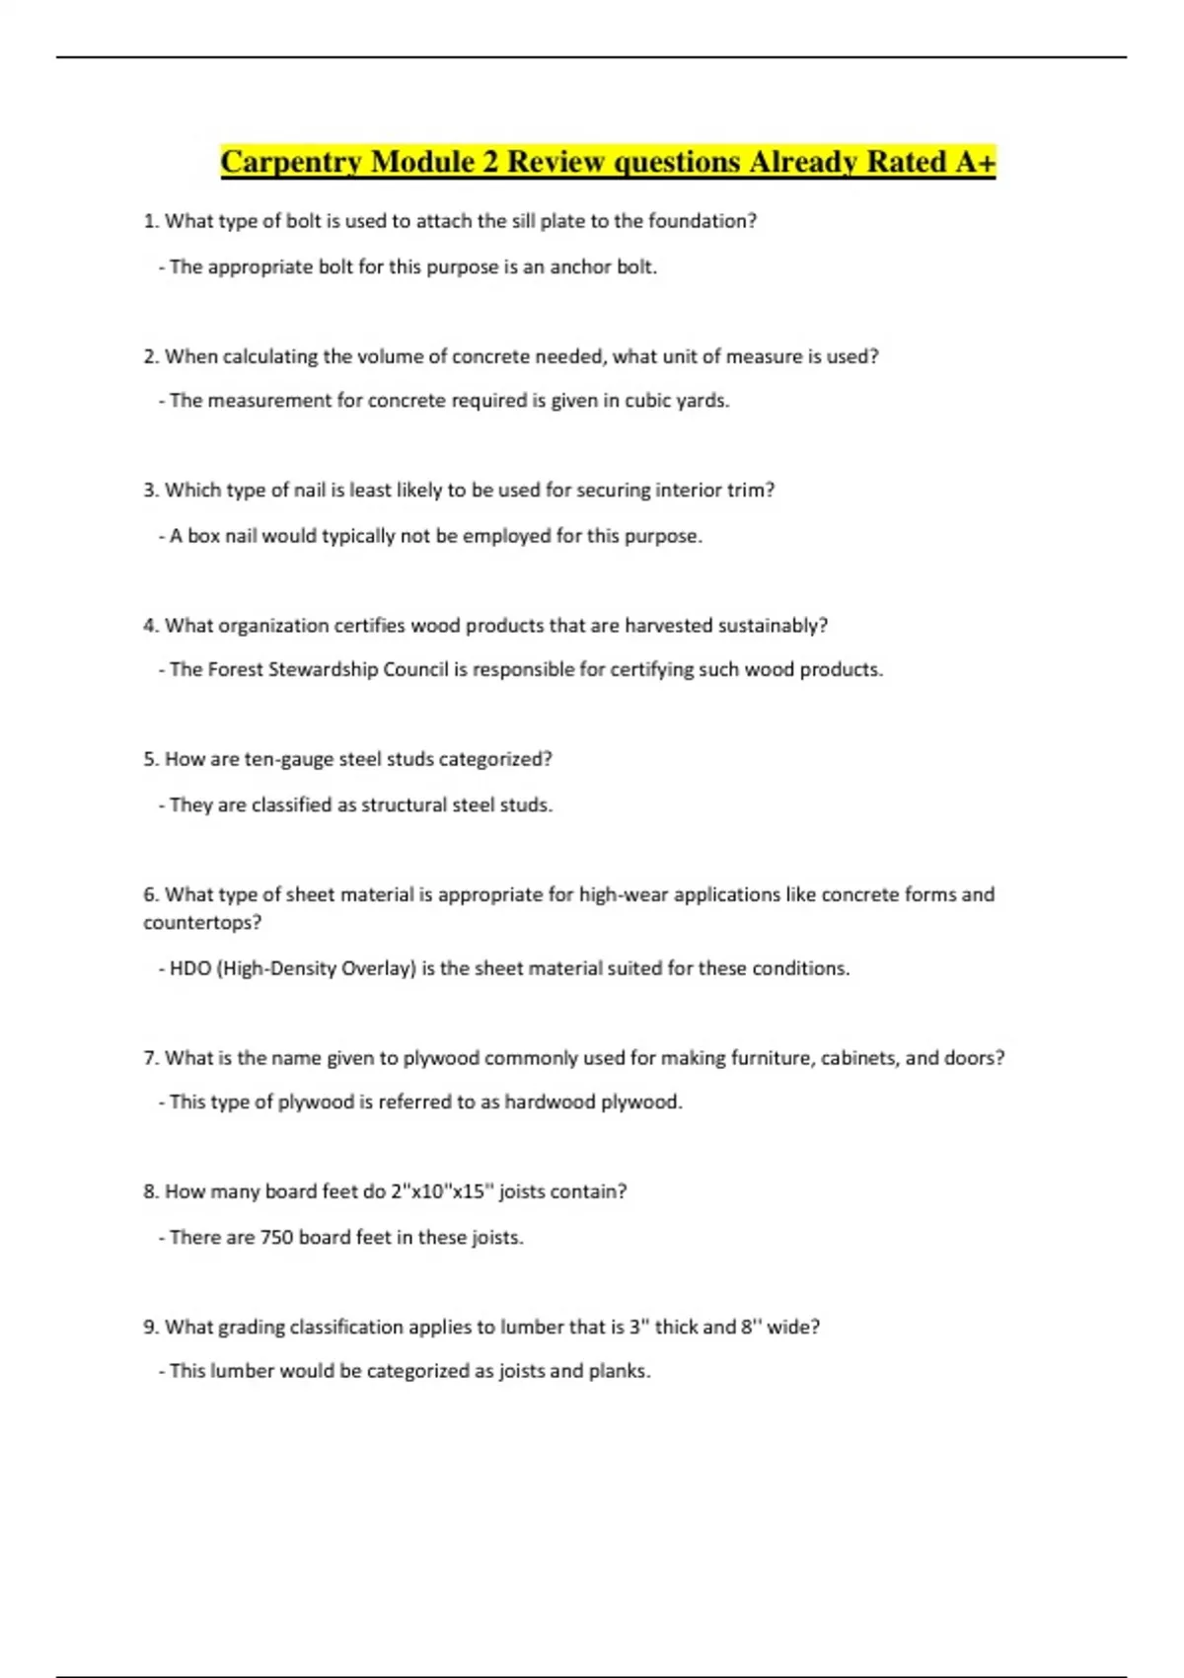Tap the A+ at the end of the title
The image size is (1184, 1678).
[x=975, y=162]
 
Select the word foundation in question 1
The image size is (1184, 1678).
[x=702, y=221]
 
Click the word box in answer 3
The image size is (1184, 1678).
[x=203, y=536]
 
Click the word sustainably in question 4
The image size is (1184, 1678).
[x=772, y=626]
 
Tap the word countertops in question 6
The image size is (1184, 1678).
[x=201, y=923]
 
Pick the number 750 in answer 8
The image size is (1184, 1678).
[x=276, y=1237]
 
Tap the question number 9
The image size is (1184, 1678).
[x=150, y=1328]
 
